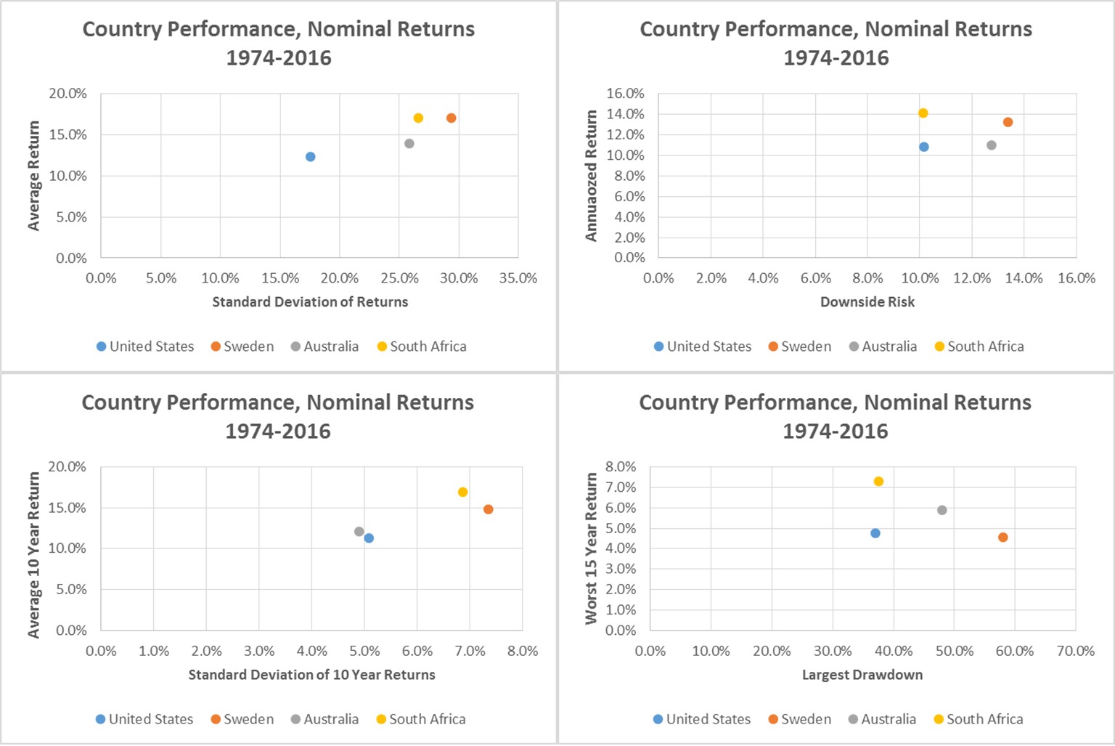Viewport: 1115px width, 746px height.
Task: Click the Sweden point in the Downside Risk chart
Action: click(1008, 122)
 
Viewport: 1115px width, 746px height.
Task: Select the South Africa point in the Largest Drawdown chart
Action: click(878, 481)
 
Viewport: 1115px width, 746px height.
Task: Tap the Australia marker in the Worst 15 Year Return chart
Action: click(942, 510)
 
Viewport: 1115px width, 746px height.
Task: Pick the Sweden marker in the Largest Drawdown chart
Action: click(1002, 538)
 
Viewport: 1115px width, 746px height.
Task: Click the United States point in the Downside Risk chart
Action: click(923, 147)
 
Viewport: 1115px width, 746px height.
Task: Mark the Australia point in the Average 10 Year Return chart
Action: click(359, 532)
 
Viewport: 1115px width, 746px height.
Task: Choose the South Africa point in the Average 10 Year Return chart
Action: click(462, 492)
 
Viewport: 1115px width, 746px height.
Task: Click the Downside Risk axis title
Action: click(867, 301)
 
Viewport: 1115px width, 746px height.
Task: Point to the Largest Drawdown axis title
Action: click(862, 675)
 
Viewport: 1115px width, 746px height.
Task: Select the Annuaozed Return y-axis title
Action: click(592, 176)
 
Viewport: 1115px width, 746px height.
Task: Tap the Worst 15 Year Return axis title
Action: click(592, 548)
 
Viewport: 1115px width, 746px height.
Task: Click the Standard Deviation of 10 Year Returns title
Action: click(311, 675)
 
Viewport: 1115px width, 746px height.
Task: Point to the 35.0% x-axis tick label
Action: click(518, 278)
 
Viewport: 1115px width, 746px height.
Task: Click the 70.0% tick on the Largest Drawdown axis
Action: click(1075, 651)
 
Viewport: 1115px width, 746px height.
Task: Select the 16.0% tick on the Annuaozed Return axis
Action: click(625, 93)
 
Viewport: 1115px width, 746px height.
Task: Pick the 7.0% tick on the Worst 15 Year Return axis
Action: click(621, 487)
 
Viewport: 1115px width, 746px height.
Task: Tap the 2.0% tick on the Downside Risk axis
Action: click(711, 278)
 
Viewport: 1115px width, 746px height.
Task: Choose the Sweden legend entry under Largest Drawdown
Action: click(799, 719)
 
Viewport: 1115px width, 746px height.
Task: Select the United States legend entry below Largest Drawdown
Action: click(701, 719)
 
